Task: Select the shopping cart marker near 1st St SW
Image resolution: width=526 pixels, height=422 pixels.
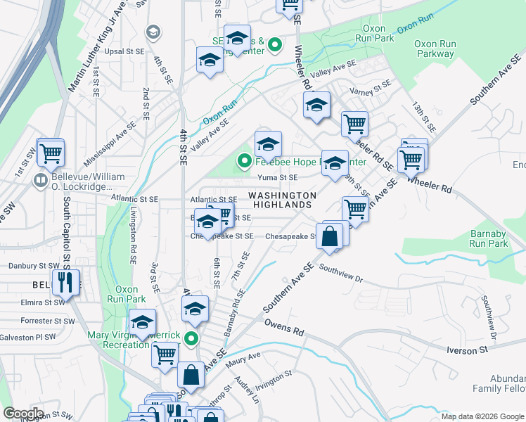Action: coord(51,153)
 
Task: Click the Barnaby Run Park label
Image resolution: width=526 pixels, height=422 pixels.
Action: coord(488,238)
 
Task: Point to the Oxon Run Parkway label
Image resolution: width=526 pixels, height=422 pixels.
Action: coord(435,49)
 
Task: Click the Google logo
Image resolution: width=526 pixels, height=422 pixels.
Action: coord(23,414)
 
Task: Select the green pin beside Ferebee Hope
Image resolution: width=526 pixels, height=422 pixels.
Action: coord(244,162)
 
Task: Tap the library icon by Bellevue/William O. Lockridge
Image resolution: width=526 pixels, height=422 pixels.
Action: coord(41,181)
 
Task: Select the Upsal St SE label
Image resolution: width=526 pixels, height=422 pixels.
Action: coord(124,52)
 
